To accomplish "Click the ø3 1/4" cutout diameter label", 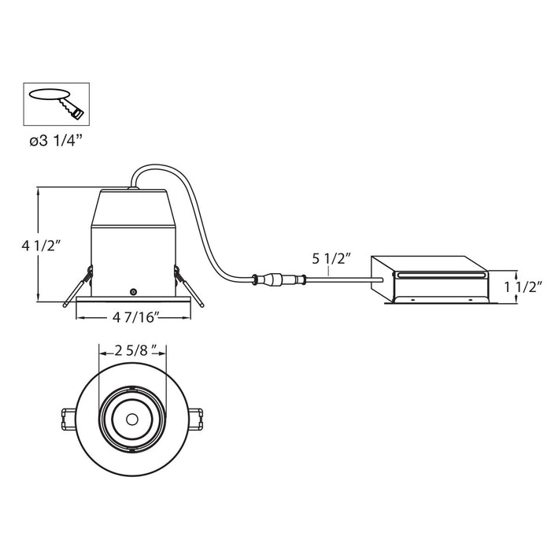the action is (x=56, y=141).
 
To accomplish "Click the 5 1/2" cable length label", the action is (x=331, y=259).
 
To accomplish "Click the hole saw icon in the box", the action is (x=56, y=105).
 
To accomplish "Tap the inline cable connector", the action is (x=279, y=280).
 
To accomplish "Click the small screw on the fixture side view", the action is (x=133, y=292).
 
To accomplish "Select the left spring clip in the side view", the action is (x=78, y=287).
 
